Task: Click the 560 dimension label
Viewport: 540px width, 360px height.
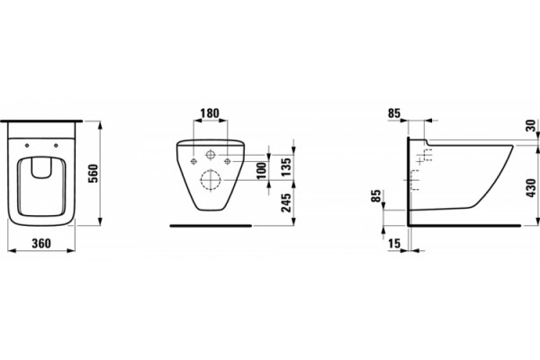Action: pyautogui.click(x=94, y=174)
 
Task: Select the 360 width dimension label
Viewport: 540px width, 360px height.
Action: pyautogui.click(x=41, y=243)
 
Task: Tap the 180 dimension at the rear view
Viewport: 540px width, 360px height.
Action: pyautogui.click(x=210, y=113)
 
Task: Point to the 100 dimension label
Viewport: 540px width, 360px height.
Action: pyautogui.click(x=262, y=170)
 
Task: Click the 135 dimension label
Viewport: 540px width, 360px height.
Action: pyautogui.click(x=286, y=166)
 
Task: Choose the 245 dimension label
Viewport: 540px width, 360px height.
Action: pyautogui.click(x=286, y=202)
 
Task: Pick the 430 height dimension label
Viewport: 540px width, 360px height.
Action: pyautogui.click(x=531, y=188)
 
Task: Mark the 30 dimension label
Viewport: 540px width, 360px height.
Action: pyautogui.click(x=531, y=125)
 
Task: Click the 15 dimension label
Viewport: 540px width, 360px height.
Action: pyautogui.click(x=394, y=244)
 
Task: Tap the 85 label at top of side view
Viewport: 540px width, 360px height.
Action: pyautogui.click(x=394, y=113)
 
